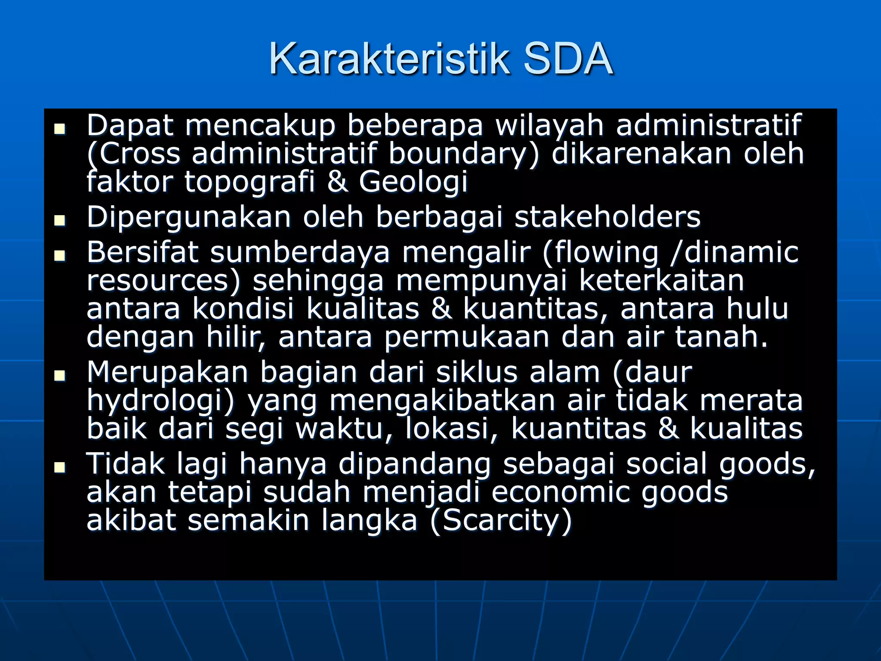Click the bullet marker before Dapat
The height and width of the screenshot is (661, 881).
60,129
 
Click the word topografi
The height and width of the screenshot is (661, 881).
250,181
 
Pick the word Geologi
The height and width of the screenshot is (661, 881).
413,182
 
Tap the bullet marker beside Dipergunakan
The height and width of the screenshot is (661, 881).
60,221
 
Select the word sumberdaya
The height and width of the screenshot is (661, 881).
300,252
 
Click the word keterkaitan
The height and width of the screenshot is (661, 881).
662,281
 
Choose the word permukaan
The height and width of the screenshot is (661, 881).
467,337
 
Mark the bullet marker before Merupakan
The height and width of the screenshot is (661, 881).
60,376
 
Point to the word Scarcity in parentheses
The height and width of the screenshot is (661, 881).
501,521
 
